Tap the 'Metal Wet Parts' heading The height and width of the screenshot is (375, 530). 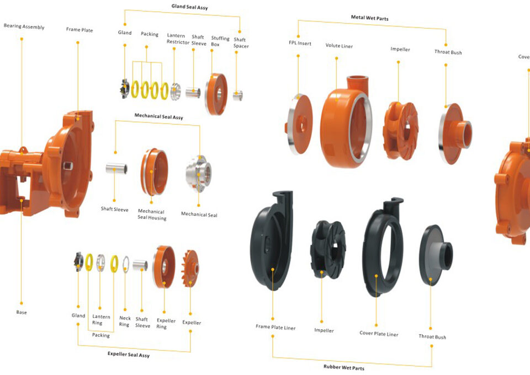pos(369,18)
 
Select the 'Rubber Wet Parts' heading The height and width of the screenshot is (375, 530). pos(343,367)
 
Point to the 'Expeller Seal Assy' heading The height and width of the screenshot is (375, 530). pos(128,354)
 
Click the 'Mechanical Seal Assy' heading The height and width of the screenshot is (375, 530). pos(158,117)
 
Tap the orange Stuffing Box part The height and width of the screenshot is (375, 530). pos(216,93)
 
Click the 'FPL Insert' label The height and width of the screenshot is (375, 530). pos(300,43)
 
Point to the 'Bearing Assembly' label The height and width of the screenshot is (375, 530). pos(24,26)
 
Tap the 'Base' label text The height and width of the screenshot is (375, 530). pos(21,312)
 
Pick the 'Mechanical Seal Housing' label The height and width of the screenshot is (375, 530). pos(151,215)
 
